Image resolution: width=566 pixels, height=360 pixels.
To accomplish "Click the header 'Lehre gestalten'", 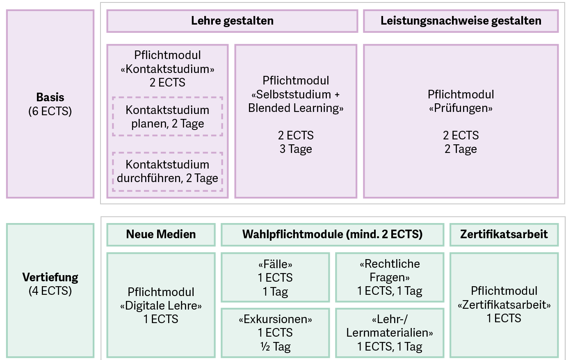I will [232, 21].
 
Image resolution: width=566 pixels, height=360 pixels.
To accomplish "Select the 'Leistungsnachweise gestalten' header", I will [461, 21].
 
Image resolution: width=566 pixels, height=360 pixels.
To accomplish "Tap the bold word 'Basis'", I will [50, 98].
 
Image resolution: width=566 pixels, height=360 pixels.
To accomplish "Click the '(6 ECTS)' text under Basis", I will [50, 111].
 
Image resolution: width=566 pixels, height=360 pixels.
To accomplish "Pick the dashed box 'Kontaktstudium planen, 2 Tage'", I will [167, 116].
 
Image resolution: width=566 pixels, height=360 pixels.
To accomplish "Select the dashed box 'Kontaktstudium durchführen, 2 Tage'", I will [167, 171].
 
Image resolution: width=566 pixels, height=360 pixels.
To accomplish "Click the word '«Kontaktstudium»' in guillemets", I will [167, 69].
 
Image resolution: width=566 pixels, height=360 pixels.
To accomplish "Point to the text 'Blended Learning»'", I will [296, 108].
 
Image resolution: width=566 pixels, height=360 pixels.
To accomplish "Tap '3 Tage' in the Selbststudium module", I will [296, 149].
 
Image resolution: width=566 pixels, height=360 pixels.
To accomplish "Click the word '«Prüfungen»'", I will [461, 108].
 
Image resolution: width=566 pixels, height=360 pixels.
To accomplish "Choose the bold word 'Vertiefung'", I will [50, 277].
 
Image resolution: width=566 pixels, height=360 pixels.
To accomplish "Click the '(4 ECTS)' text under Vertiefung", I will [50, 291].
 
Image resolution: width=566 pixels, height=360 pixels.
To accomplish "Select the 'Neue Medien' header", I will [161, 235].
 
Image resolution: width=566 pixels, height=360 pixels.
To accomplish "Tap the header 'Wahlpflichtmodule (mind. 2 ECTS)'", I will [332, 235].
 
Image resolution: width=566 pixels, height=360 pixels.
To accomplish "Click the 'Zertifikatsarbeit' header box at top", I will [504, 235].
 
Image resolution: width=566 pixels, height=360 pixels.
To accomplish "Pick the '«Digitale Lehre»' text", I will [161, 305].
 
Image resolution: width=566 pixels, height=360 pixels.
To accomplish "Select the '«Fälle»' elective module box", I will [275, 278].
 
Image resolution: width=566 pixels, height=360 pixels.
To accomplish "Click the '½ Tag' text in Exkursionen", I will [275, 346].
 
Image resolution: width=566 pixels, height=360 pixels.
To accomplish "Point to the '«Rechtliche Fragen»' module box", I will [390, 278].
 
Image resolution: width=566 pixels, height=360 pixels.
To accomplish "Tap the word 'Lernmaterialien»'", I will [390, 333].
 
